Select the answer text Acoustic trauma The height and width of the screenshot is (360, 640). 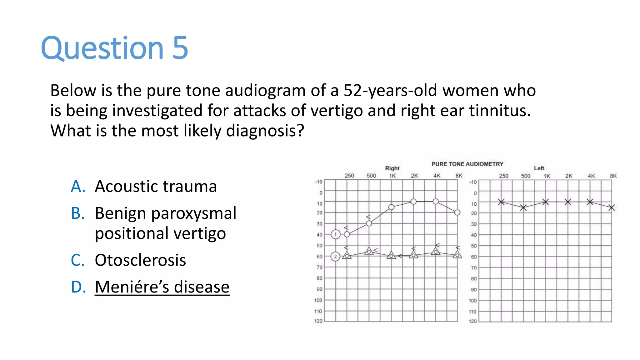(156, 187)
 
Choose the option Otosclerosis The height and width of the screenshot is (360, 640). (140, 260)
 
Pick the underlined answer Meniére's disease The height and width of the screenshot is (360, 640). (162, 287)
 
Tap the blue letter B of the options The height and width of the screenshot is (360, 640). (78, 213)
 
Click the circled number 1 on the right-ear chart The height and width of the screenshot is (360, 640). (336, 234)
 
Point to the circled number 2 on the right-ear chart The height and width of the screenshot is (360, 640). (335, 257)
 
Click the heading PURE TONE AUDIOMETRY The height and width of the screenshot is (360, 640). (467, 164)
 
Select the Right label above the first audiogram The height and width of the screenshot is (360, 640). (392, 168)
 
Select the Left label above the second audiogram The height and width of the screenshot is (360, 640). (539, 168)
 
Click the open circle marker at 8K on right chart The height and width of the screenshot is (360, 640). (457, 212)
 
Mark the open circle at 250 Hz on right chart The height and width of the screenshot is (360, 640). (347, 234)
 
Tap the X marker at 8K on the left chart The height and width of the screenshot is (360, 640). (612, 207)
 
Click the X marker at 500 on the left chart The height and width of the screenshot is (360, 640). (523, 207)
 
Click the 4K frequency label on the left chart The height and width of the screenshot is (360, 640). (591, 176)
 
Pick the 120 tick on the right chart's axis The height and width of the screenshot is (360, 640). (318, 321)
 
